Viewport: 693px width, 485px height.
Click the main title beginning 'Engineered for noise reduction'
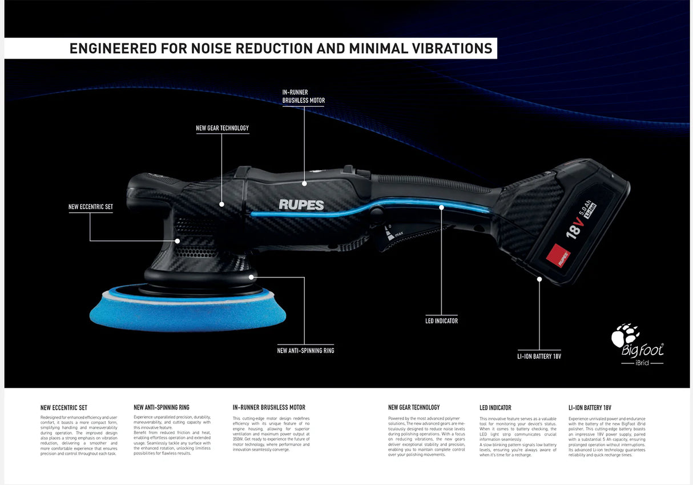pos(280,49)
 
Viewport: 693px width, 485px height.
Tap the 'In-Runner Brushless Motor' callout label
pos(304,96)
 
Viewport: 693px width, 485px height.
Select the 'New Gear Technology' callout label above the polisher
pos(222,128)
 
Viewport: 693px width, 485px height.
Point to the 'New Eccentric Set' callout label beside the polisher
pos(90,207)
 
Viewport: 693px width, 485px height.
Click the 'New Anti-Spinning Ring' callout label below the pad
pos(305,350)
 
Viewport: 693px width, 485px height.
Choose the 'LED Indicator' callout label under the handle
pos(441,321)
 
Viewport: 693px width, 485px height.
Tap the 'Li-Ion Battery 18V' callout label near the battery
pos(539,356)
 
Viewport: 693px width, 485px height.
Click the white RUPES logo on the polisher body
pos(301,205)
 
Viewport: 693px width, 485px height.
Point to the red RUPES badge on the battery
pos(558,255)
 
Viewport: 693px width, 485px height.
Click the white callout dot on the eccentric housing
pos(178,241)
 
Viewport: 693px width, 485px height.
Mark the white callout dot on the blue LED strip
pos(441,207)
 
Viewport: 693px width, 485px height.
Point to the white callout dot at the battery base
pos(539,279)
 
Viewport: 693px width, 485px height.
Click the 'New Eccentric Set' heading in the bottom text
pos(64,408)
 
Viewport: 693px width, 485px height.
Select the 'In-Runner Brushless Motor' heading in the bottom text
pos(269,408)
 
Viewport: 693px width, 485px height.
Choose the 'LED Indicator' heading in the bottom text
pos(495,408)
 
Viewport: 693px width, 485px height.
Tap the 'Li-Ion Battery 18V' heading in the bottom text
pos(590,408)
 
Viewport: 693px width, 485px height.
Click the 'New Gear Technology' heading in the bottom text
pos(414,407)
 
